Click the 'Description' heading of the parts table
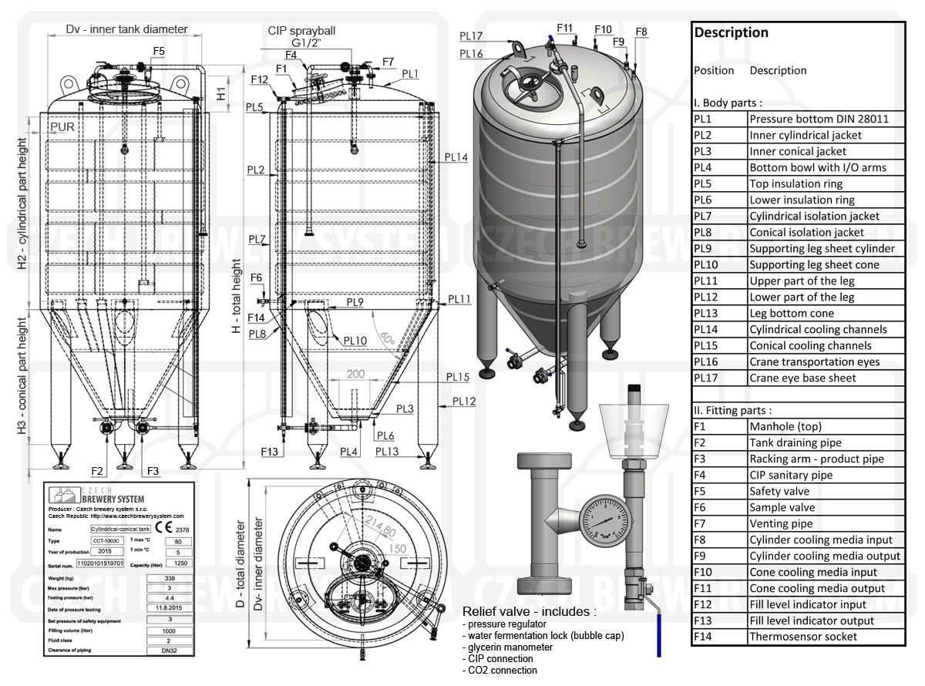(x=731, y=32)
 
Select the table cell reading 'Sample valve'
(x=782, y=507)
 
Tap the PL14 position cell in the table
(x=705, y=329)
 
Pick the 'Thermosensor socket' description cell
(x=803, y=637)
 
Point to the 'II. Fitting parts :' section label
(x=733, y=410)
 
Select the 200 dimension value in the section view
(x=355, y=374)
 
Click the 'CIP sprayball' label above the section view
(x=301, y=31)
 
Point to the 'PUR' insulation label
(x=62, y=126)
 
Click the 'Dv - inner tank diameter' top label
(x=126, y=29)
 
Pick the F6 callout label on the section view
(x=257, y=277)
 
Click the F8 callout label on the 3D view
(x=641, y=32)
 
